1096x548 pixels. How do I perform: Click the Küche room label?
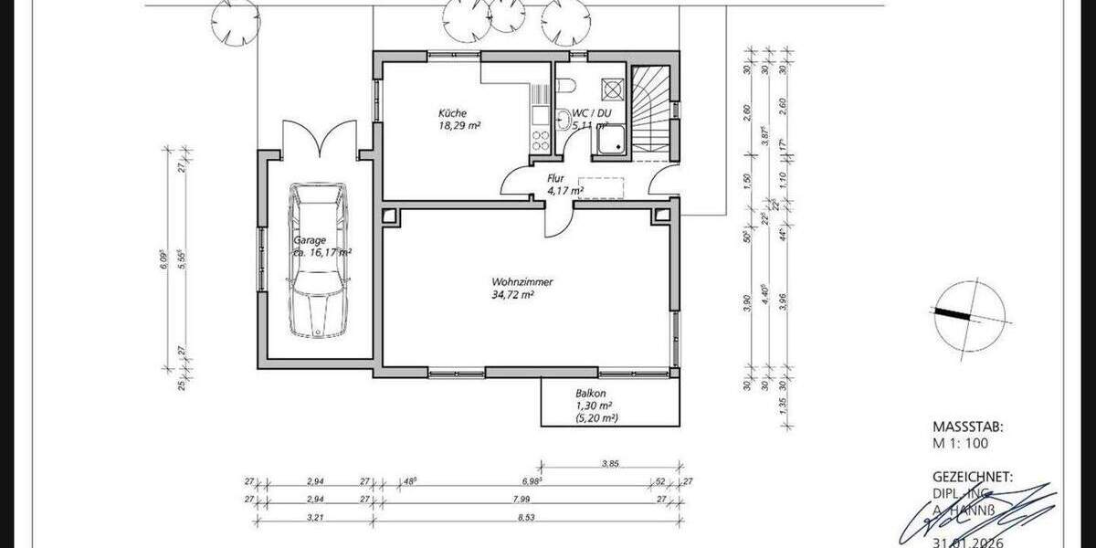pyautogui.click(x=451, y=113)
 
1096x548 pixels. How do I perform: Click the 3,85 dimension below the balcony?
pyautogui.click(x=610, y=464)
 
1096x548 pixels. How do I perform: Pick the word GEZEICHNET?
pyautogui.click(x=972, y=477)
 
